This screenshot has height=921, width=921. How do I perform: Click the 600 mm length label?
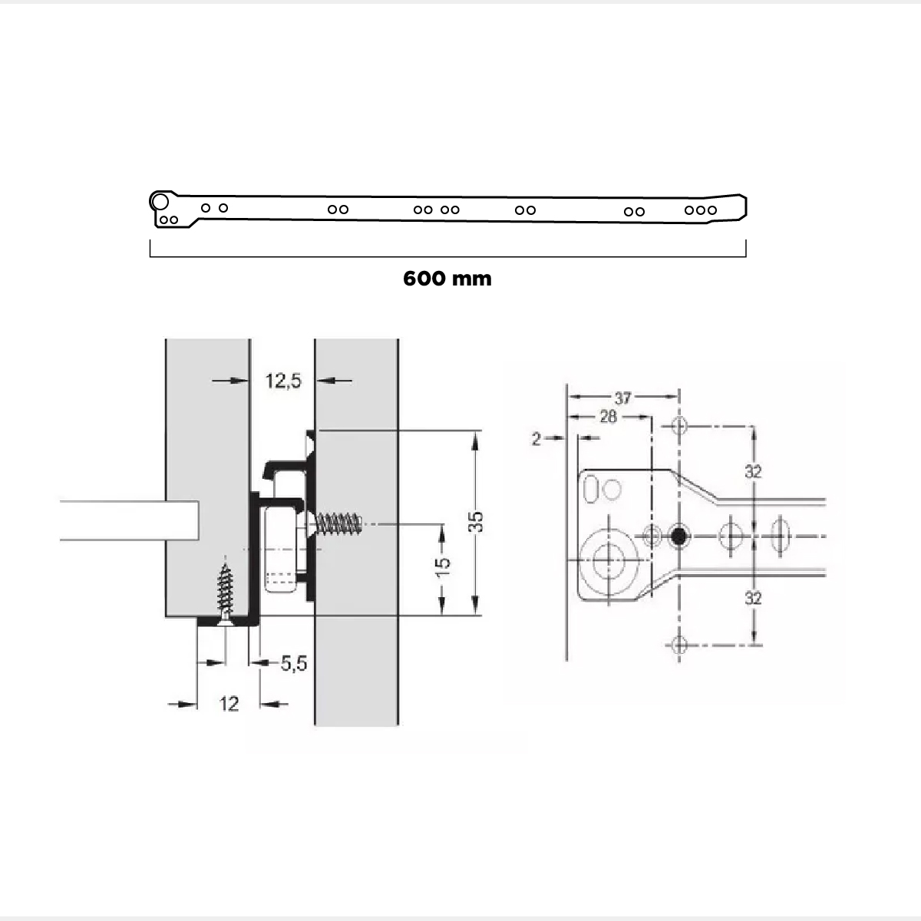(x=447, y=278)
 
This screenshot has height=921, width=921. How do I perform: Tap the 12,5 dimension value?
(x=283, y=380)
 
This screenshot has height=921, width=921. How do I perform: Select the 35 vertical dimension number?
(x=476, y=522)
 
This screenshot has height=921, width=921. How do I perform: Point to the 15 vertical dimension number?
(x=443, y=565)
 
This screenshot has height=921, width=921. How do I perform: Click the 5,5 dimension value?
(x=293, y=663)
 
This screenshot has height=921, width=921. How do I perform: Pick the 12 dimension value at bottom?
(x=229, y=703)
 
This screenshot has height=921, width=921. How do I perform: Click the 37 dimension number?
(x=622, y=398)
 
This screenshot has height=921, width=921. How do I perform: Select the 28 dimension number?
(x=608, y=417)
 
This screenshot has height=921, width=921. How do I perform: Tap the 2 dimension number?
(x=536, y=438)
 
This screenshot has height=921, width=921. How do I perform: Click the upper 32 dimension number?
(x=753, y=471)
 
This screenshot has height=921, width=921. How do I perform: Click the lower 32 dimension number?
(x=753, y=597)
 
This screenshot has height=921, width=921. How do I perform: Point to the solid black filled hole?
(x=678, y=536)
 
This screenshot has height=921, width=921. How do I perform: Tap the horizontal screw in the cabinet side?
(x=338, y=525)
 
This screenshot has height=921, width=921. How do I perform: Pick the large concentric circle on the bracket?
(x=609, y=559)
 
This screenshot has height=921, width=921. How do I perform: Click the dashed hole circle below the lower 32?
(x=678, y=644)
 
